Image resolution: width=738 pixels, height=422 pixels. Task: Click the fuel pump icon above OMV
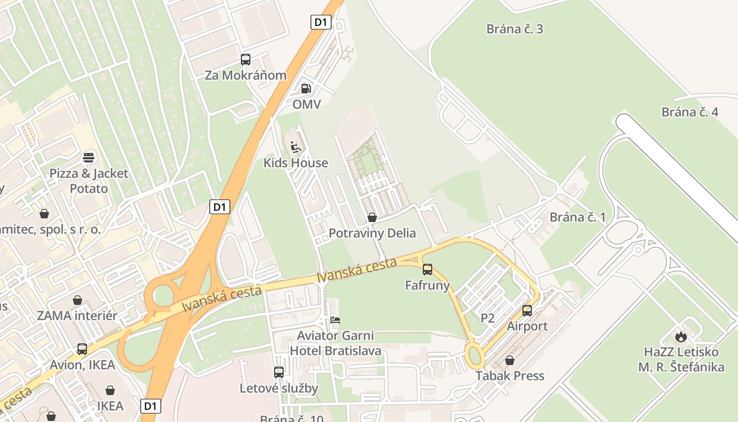tap(306, 89)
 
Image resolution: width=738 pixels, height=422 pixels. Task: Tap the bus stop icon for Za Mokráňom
tap(246, 60)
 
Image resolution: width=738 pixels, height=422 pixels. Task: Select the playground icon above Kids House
tap(296, 146)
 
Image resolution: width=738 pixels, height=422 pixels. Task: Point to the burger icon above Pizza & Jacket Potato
tap(89, 157)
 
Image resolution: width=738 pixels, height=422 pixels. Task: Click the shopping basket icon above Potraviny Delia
tap(372, 217)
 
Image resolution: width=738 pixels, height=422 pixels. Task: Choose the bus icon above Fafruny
tap(428, 270)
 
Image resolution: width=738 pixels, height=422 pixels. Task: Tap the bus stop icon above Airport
tap(527, 311)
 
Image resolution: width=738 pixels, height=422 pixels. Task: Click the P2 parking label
tap(488, 318)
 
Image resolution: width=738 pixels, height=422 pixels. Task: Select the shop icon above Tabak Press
tap(510, 360)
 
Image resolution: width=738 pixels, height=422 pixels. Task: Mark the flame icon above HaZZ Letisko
tap(681, 337)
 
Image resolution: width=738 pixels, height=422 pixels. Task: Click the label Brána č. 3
tap(514, 29)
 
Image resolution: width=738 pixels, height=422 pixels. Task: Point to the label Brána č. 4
tap(690, 112)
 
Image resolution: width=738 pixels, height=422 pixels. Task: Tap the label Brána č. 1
tap(578, 217)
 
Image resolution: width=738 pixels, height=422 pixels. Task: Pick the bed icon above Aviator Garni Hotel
tap(335, 320)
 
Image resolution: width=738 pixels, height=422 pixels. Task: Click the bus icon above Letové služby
tap(279, 372)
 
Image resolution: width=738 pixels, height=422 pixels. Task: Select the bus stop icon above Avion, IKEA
tap(82, 349)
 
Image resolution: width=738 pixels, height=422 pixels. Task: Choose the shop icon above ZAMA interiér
tap(77, 300)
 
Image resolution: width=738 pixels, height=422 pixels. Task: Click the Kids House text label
tap(296, 163)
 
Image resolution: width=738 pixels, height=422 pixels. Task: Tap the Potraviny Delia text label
tap(372, 233)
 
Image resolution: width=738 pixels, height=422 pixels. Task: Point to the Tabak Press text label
tap(510, 376)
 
